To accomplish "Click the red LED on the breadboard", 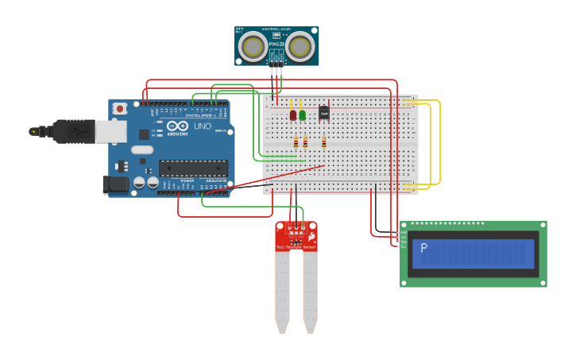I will pyautogui.click(x=292, y=115).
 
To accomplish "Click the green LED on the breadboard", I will pyautogui.click(x=302, y=115).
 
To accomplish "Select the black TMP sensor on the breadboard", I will pyautogui.click(x=323, y=113).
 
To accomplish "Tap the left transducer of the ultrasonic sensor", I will pyautogui.click(x=253, y=47).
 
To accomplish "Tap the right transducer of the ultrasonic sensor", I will pyautogui.click(x=300, y=47).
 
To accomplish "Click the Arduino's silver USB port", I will pyautogui.click(x=110, y=131).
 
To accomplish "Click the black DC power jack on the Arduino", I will pyautogui.click(x=115, y=185).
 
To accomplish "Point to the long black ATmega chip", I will pyautogui.click(x=193, y=168).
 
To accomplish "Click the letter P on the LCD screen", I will pyautogui.click(x=424, y=247).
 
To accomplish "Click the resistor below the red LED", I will pyautogui.click(x=296, y=142).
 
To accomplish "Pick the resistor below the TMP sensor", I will pyautogui.click(x=323, y=142).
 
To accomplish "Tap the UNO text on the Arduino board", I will pyautogui.click(x=202, y=126).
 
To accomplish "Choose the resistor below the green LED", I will pyautogui.click(x=305, y=142).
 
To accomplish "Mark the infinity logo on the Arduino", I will pyautogui.click(x=160, y=126).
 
